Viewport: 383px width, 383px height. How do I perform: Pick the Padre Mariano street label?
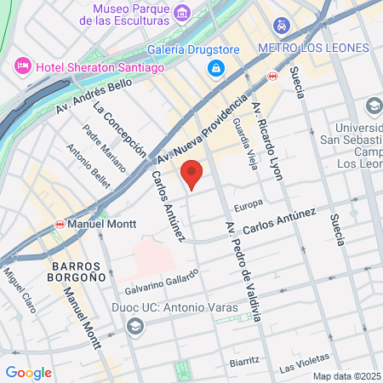point(104,147)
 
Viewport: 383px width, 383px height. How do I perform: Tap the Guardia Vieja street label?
point(243,143)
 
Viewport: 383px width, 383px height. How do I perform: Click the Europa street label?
point(249,204)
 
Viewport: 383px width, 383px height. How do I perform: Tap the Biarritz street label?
point(244,362)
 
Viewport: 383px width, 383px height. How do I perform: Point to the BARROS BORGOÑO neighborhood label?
point(71,271)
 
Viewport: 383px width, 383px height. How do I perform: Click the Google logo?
point(28,372)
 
